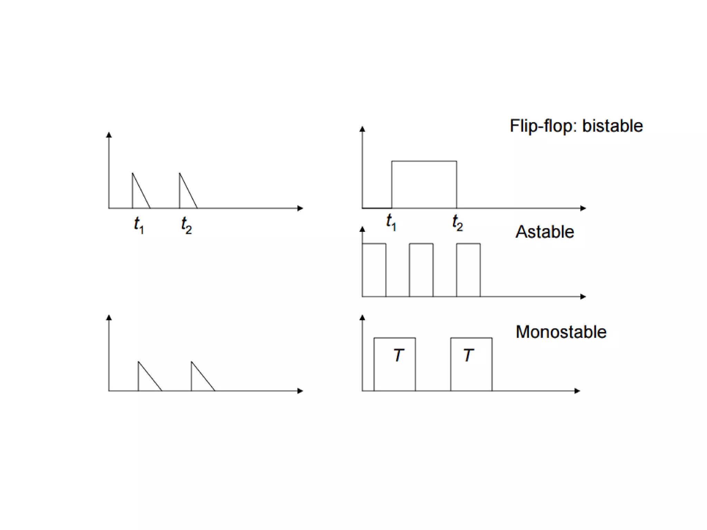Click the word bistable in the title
click(612, 126)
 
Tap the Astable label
click(545, 232)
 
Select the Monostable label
click(561, 332)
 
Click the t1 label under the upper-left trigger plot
click(139, 225)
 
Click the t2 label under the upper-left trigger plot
click(186, 225)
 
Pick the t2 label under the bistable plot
click(457, 223)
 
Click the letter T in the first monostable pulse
click(399, 355)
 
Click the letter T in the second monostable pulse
click(468, 355)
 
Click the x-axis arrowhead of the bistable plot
click(583, 208)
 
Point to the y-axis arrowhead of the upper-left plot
click(109, 135)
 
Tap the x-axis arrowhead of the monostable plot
click(577, 391)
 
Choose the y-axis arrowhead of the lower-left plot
click(109, 317)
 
